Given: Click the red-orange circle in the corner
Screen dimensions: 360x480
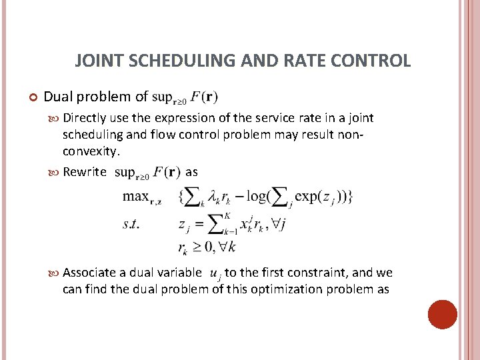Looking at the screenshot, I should coord(442,314).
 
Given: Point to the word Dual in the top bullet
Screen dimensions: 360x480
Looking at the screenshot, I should coord(58,97).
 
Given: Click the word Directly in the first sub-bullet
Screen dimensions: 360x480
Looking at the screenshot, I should coord(83,118).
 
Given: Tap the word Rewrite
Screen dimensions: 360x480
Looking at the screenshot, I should coord(84,172).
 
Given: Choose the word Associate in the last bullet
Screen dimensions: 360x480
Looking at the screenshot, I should coord(91,273).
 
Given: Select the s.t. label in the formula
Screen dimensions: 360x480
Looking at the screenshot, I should coord(131,224).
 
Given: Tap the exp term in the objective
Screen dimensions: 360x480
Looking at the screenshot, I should coord(307,197).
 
